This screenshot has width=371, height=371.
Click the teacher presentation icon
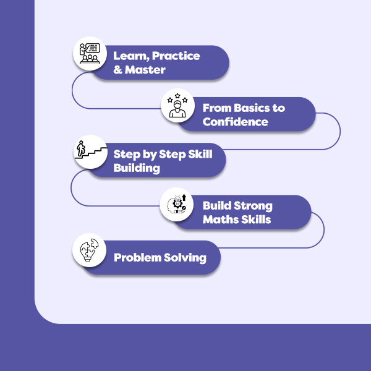[x=90, y=53]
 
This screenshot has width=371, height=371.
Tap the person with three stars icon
[x=177, y=105]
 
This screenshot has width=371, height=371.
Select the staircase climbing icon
[x=91, y=150]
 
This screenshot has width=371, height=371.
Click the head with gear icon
[x=177, y=204]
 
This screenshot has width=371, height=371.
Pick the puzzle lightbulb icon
[x=89, y=250]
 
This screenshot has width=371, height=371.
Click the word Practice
[x=176, y=56]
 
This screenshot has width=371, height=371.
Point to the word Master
[x=145, y=70]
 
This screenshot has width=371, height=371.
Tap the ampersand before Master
[x=117, y=70]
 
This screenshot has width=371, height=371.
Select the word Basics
[x=251, y=108]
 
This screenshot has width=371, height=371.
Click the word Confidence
[x=235, y=122]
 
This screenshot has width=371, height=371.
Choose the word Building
[x=137, y=168]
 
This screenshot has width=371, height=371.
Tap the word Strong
[x=253, y=206]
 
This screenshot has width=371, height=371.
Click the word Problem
[x=137, y=258]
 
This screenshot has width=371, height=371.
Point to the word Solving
[x=185, y=258]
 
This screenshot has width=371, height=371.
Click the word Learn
[x=132, y=56]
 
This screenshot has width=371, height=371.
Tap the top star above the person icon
[x=177, y=96]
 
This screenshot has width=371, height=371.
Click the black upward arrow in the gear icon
[x=184, y=198]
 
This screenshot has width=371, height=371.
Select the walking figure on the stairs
[x=81, y=148]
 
